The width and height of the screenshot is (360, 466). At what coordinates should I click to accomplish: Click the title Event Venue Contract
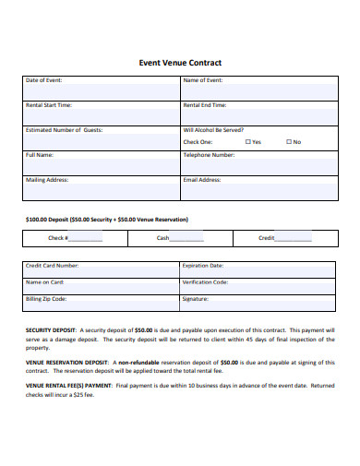[x=179, y=63]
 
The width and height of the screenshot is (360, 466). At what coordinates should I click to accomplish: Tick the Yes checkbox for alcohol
[x=247, y=142]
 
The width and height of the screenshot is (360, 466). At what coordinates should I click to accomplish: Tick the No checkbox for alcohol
[x=288, y=142]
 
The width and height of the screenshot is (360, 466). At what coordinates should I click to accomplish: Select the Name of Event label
[x=203, y=80]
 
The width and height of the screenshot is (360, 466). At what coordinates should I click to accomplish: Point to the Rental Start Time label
[x=50, y=105]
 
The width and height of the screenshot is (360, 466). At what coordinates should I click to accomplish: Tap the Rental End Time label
[x=205, y=105]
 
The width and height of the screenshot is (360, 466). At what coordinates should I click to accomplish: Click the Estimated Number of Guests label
[x=64, y=130]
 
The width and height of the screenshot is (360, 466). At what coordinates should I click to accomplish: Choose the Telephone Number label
[x=209, y=155]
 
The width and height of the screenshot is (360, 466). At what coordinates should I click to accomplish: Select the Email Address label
[x=202, y=180]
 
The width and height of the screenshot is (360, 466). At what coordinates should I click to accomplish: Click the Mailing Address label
[x=47, y=180]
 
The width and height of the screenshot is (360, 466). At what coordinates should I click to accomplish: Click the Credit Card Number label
[x=52, y=265]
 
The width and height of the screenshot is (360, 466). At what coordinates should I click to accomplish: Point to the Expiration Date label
[x=203, y=265]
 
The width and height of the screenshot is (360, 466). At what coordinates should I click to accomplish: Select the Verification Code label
[x=205, y=281]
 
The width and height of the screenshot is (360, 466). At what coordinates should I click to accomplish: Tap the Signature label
[x=196, y=299]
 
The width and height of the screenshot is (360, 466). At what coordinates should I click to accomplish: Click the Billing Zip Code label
[x=46, y=299]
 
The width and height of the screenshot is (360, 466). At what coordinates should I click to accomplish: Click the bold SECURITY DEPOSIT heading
[x=50, y=329]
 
